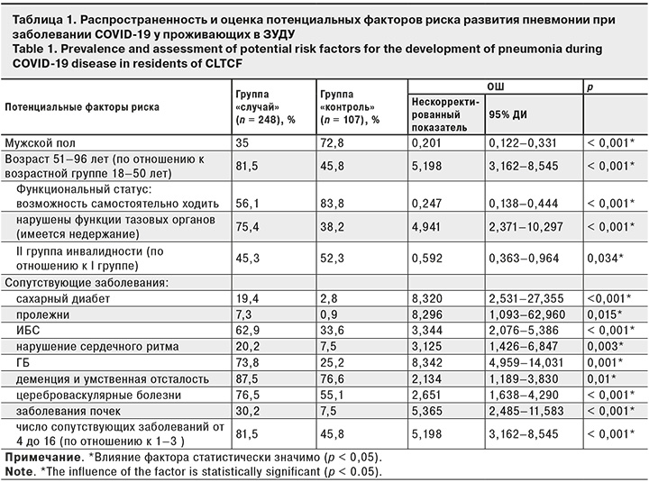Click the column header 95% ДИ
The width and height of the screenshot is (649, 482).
click(507, 114)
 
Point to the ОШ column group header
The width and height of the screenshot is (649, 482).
click(494, 86)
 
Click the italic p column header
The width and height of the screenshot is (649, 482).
click(590, 86)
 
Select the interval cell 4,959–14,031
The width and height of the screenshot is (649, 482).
click(526, 363)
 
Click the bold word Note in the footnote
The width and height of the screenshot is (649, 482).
click(19, 471)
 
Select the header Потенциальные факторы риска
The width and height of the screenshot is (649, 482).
click(83, 105)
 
